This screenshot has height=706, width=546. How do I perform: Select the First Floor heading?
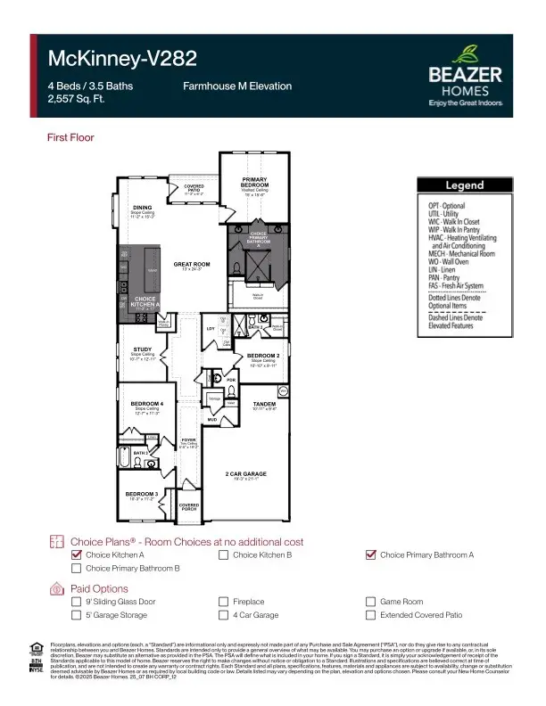[x=70, y=138]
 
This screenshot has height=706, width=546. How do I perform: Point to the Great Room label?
[x=191, y=265]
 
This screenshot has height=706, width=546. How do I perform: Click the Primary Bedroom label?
[x=255, y=183]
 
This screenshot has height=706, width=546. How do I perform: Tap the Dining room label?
[x=143, y=209]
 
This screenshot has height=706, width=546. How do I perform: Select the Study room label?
[x=143, y=350]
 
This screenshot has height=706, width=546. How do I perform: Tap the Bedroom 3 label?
[x=141, y=493]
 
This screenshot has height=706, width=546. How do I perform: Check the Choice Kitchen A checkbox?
[x=77, y=554]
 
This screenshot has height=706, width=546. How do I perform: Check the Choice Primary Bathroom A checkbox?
[x=371, y=554]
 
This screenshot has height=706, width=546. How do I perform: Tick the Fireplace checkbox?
[x=224, y=602]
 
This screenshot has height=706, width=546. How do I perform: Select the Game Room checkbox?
[x=371, y=602]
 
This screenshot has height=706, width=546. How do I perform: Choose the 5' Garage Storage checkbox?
[x=77, y=615]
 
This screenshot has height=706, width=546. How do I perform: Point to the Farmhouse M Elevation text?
[x=237, y=86]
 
